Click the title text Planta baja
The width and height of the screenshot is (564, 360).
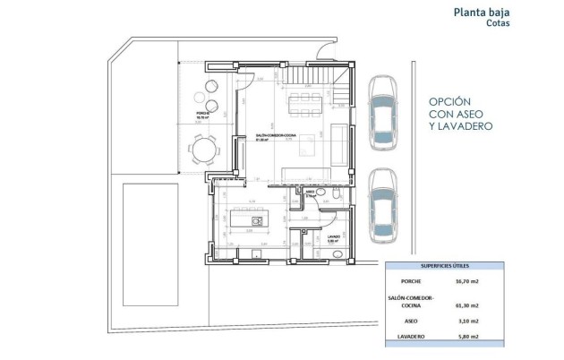513,13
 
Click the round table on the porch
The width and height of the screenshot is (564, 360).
203,149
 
